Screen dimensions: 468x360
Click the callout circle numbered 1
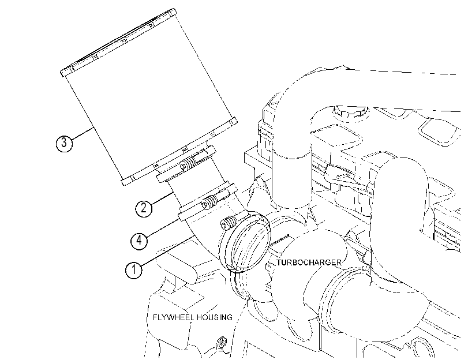click(134, 270)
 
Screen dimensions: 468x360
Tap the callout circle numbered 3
click(64, 142)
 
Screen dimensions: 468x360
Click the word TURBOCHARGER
click(309, 262)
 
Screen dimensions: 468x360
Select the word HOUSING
click(214, 317)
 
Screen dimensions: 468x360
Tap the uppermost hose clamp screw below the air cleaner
click(188, 164)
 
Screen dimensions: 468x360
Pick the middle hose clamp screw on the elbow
click(209, 202)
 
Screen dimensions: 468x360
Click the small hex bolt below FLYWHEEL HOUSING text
click(221, 342)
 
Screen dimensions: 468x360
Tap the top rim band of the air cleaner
click(118, 42)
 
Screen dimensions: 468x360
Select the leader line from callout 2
click(162, 199)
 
